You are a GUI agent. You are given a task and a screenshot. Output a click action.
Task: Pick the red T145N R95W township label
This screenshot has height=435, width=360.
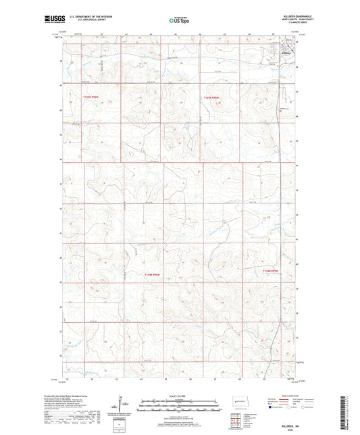(212, 98)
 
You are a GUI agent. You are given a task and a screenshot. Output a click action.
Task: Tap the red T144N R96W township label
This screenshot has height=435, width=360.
(154, 274)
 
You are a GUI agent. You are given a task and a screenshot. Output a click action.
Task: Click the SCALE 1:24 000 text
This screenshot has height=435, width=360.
(178, 395)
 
